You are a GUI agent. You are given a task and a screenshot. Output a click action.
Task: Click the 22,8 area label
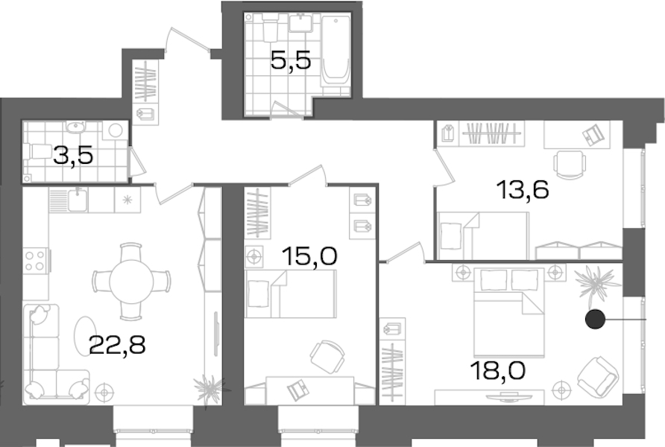[118, 345]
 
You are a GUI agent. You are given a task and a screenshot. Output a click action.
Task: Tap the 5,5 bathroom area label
[291, 60]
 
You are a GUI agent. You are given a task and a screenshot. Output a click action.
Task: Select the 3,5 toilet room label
[73, 156]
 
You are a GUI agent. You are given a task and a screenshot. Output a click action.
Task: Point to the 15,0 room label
[309, 256]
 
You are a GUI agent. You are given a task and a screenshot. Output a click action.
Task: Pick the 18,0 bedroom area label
[498, 370]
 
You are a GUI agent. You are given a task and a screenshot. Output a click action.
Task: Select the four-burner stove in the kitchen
[36, 261]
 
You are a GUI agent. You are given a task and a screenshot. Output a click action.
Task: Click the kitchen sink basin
[78, 200]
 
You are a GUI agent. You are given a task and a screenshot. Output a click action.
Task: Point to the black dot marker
[595, 320]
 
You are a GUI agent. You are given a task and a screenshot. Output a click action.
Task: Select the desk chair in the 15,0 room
[327, 357]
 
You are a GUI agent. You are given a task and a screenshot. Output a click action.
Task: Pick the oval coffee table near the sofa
[85, 336]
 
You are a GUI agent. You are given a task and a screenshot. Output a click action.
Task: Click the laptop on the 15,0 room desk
[298, 390]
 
